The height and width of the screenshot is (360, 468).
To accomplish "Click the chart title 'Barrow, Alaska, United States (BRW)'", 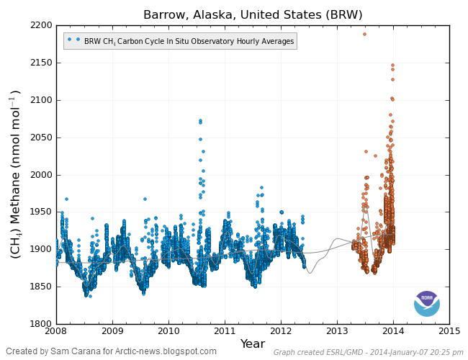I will (x=253, y=14).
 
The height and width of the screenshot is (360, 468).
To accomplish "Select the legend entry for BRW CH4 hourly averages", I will (x=180, y=41).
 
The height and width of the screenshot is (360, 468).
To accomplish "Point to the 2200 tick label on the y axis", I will (x=40, y=25).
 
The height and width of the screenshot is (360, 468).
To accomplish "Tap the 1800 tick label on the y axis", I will (x=40, y=324).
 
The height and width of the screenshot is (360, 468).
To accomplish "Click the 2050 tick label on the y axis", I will (x=40, y=138).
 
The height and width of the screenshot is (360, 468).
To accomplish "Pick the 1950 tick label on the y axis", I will (x=40, y=212).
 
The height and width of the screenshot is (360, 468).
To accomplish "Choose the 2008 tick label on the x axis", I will (x=56, y=331).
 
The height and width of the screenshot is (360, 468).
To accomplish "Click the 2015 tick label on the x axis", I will (x=449, y=331).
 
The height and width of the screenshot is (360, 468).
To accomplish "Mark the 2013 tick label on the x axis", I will (x=337, y=331).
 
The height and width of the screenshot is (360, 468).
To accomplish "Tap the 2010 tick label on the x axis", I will (x=168, y=331).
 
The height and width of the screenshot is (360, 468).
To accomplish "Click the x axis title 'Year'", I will (x=253, y=343).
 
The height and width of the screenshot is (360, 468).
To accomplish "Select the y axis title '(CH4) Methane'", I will (x=15, y=174).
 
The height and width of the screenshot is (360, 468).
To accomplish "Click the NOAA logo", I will (x=426, y=303).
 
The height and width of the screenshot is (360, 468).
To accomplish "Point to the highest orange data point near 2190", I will (x=364, y=34).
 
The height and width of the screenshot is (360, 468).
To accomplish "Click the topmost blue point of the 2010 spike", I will (x=200, y=120).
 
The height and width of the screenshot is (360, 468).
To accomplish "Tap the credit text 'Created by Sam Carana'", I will (x=111, y=351).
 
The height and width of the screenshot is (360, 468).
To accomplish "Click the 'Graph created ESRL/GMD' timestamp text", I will (x=368, y=353).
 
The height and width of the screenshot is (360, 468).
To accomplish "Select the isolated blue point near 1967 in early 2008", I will (x=66, y=199).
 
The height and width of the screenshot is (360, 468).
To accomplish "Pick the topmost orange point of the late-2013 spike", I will (x=392, y=65).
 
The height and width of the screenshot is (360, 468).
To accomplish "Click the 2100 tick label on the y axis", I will (x=40, y=100).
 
